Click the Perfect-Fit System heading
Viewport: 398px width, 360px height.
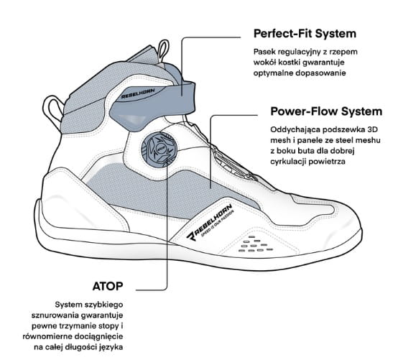(x=305, y=34)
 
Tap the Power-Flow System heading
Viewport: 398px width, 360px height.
(x=326, y=111)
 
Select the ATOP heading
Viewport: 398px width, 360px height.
(x=108, y=286)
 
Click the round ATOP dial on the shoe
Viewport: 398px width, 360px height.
(x=157, y=148)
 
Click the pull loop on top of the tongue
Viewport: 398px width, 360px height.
(x=163, y=51)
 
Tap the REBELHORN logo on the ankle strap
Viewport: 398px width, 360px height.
(x=138, y=93)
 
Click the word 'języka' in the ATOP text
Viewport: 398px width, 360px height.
(x=112, y=348)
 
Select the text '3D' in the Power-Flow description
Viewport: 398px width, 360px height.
(x=373, y=129)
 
